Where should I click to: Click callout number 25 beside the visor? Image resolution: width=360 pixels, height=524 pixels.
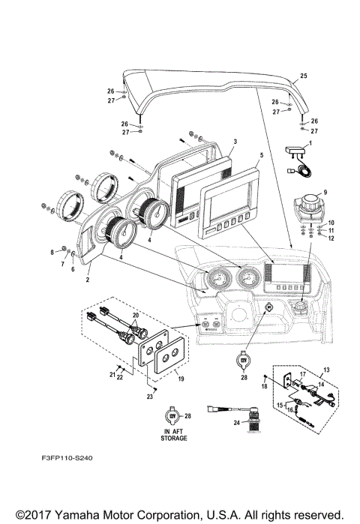point(304,76)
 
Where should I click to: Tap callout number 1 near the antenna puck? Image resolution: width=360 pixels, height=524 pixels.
point(311,142)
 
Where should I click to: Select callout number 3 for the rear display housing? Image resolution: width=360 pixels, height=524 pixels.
point(235,141)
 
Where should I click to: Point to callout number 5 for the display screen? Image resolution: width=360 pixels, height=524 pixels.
point(261,155)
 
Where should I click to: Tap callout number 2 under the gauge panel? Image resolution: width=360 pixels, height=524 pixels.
point(87,279)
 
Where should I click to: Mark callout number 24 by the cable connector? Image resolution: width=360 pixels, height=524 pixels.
point(237,423)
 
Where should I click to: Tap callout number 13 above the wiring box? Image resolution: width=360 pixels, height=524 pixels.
point(325,370)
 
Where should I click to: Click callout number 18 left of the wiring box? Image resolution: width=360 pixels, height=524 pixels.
point(264,385)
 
